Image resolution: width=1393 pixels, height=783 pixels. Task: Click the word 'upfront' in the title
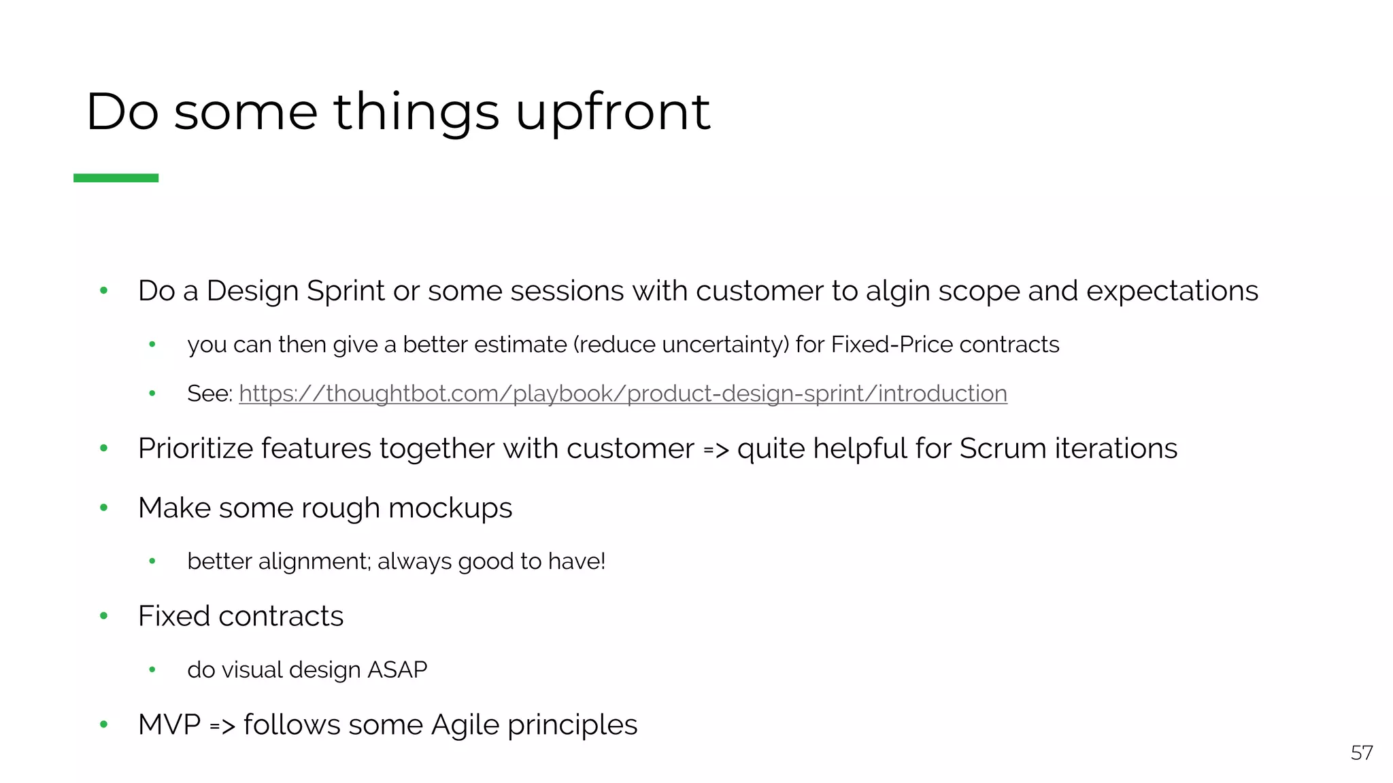(612, 112)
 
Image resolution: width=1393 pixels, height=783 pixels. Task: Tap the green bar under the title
(116, 178)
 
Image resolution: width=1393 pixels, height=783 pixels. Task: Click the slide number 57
(1362, 753)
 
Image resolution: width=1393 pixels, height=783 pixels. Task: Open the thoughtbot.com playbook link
(622, 394)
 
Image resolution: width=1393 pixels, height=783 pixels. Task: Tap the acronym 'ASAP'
(397, 670)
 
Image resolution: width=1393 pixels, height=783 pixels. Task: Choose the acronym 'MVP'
(169, 725)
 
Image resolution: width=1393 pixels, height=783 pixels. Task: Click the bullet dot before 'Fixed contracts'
(104, 616)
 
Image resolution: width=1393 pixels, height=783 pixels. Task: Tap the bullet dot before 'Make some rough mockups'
(104, 507)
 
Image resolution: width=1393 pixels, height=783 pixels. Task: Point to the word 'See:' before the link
(209, 394)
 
